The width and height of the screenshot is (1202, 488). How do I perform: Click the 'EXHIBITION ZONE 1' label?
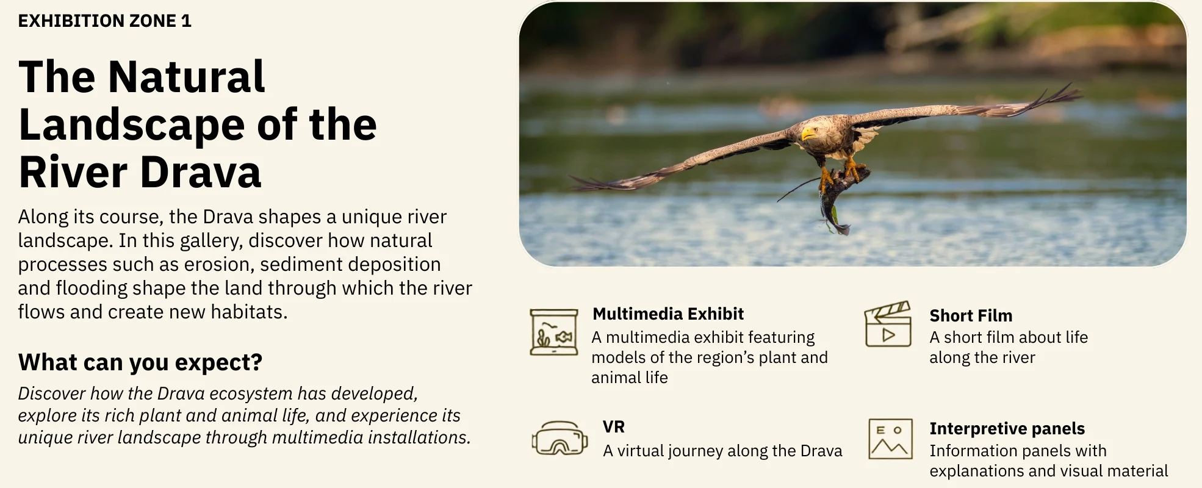[x=105, y=21]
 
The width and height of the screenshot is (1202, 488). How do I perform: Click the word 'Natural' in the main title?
[x=186, y=77]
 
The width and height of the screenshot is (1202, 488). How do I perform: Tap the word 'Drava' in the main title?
[x=201, y=172]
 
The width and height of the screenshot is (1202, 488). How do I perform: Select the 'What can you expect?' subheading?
[x=140, y=362]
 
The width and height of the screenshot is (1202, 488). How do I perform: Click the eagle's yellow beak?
[x=808, y=133]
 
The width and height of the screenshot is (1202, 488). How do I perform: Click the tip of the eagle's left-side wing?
[x=574, y=181]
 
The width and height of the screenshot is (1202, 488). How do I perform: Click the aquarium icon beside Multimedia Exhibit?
[x=553, y=332]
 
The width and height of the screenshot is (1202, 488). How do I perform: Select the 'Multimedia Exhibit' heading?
[x=668, y=314]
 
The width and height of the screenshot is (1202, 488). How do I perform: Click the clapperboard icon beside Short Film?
[x=888, y=324]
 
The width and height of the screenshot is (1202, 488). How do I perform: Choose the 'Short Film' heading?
[x=971, y=315]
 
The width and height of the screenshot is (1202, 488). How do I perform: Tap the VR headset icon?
[x=560, y=439]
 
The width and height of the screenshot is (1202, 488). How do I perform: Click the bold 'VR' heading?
[x=614, y=427]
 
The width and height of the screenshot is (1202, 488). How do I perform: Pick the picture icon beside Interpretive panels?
[x=890, y=439]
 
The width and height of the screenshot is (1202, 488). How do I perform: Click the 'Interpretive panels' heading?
[x=1007, y=429]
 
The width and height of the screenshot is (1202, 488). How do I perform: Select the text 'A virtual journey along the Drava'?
[x=722, y=451]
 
